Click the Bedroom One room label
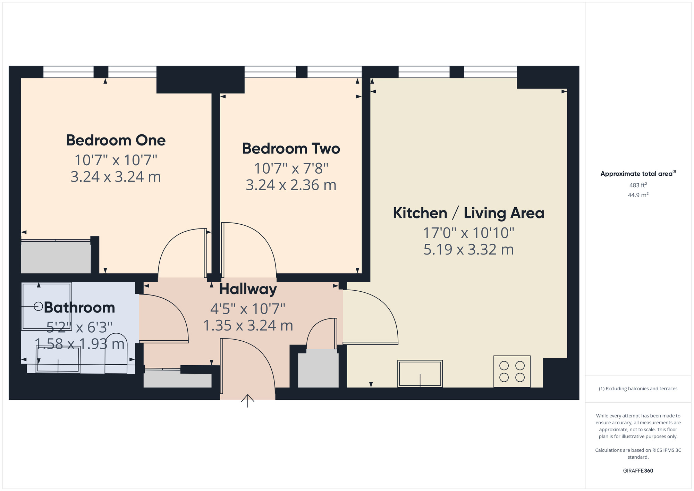[116, 140]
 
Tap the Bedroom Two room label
[291, 149]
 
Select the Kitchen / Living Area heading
[468, 213]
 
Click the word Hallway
[248, 289]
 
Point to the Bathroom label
[79, 308]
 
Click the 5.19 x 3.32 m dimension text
[468, 250]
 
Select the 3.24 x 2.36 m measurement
[291, 185]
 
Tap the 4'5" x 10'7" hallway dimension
[248, 308]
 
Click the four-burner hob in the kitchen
[512, 371]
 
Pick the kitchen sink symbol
[420, 373]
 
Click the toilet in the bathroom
[116, 354]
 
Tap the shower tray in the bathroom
[46, 306]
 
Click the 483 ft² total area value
[638, 185]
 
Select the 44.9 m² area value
[638, 195]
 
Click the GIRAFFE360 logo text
[638, 471]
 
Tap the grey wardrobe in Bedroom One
[56, 257]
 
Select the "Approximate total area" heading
[637, 174]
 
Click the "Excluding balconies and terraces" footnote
[638, 389]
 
